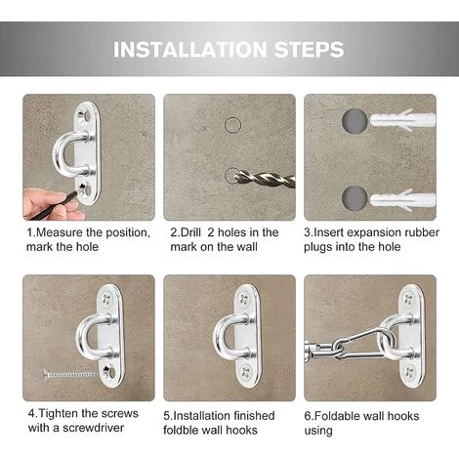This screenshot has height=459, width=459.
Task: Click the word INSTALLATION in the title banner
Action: (x=190, y=50)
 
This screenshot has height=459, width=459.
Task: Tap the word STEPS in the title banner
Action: (x=309, y=50)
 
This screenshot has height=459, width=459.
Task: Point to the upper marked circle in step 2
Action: (x=232, y=125)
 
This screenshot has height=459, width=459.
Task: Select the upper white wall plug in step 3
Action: (x=402, y=120)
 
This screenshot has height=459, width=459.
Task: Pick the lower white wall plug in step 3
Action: (x=402, y=200)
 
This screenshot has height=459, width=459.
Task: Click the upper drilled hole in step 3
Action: (x=355, y=121)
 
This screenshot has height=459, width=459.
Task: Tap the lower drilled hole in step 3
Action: (x=355, y=198)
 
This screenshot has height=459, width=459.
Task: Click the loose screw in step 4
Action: (x=68, y=375)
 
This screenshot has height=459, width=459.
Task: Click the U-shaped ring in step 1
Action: (x=65, y=152)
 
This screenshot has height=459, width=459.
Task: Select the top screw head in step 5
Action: (x=244, y=299)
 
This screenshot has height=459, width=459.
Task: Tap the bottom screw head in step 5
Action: (x=246, y=371)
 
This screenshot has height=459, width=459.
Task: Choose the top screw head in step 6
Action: (x=408, y=299)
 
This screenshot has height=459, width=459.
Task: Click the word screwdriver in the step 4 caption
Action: (x=94, y=428)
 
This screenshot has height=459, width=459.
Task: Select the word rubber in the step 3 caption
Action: (x=422, y=232)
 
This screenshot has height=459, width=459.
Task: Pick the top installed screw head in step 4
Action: (x=106, y=299)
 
